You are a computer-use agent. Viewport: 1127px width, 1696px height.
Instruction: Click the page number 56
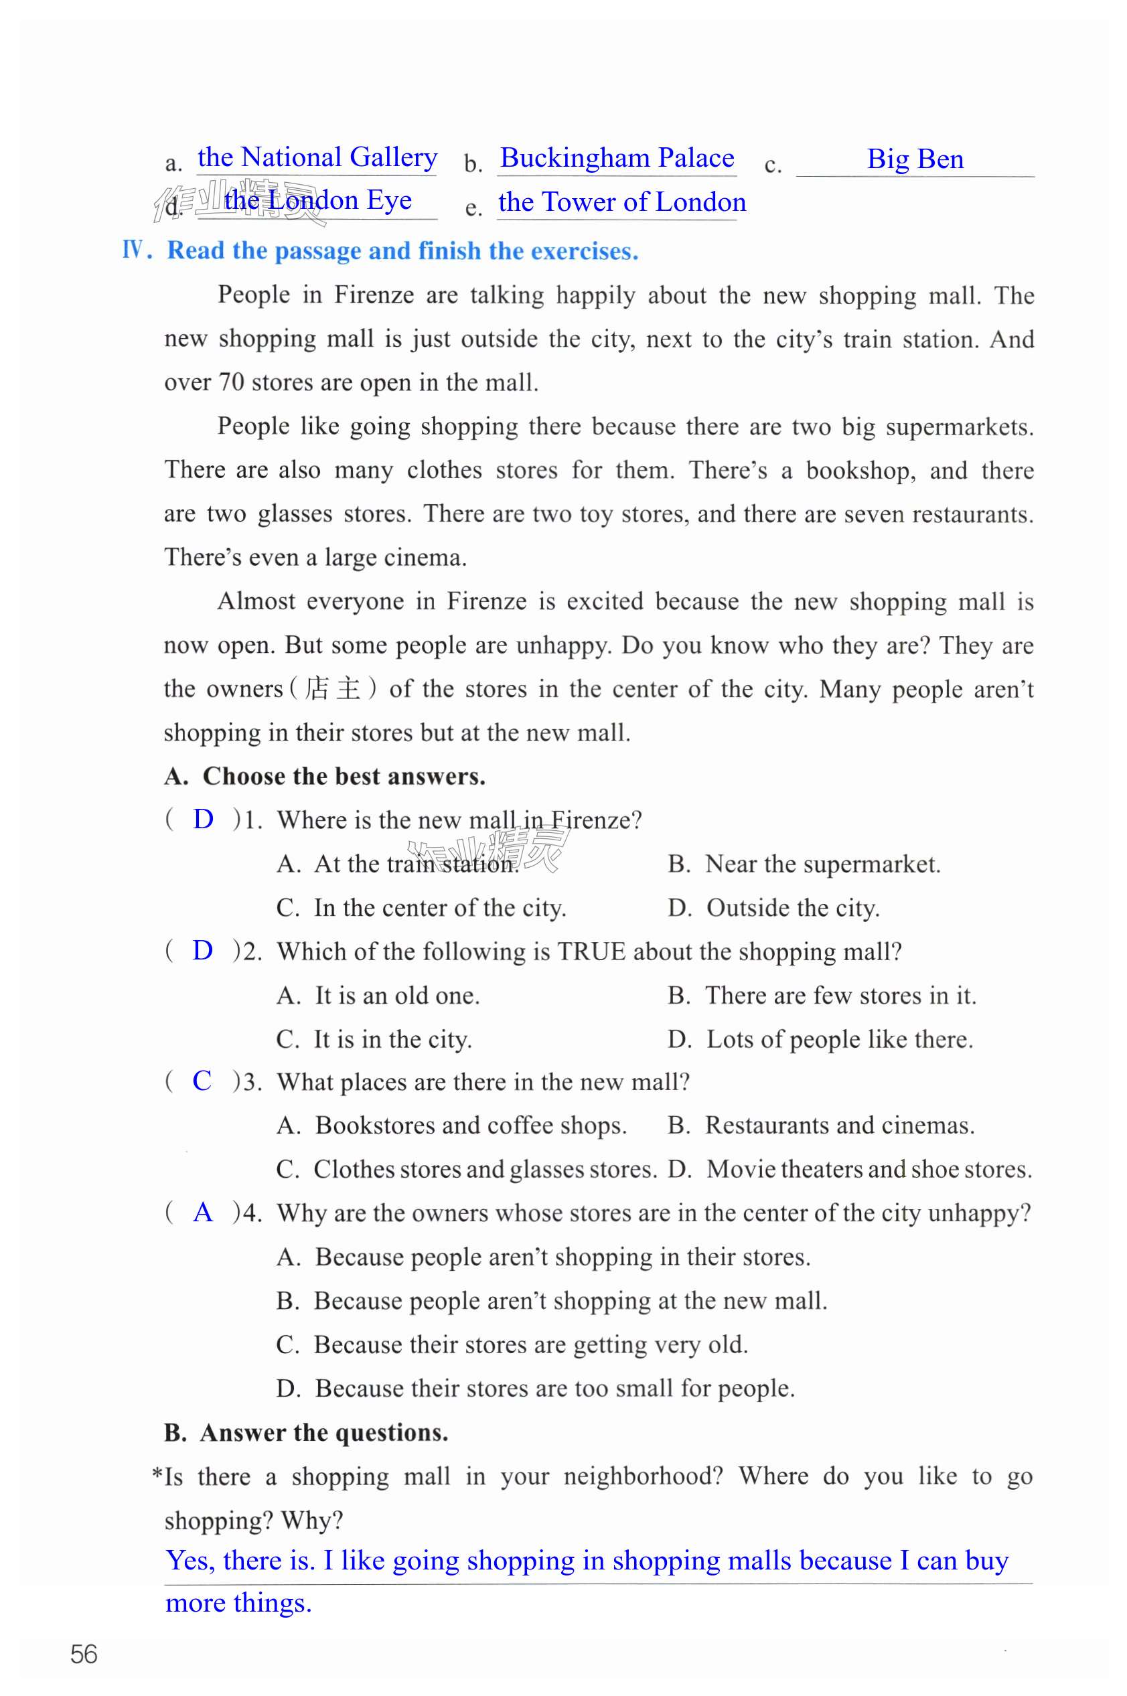[x=84, y=1654]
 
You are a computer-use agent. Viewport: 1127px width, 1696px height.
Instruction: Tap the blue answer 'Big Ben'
[x=915, y=159]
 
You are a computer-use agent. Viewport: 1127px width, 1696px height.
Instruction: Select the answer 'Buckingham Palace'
[x=617, y=157]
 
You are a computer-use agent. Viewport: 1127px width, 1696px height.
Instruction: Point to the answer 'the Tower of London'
[x=621, y=202]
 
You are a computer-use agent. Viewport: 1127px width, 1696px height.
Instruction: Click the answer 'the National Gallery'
[x=317, y=157]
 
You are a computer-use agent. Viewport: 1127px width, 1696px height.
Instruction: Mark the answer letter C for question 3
[x=202, y=1080]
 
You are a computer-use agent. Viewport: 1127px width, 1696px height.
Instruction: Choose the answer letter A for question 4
[x=204, y=1212]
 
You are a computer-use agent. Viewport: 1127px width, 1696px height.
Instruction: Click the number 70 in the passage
[x=232, y=382]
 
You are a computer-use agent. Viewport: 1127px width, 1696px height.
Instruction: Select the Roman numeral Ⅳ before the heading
[x=134, y=250]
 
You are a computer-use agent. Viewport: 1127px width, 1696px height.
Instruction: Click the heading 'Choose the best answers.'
[x=344, y=776]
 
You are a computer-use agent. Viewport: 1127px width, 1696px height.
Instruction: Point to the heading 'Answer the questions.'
[x=324, y=1432]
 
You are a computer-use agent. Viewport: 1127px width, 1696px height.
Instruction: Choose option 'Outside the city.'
[x=793, y=908]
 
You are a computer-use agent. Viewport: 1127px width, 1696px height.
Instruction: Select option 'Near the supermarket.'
[x=822, y=864]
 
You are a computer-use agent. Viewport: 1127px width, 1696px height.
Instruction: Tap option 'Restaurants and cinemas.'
[x=840, y=1125]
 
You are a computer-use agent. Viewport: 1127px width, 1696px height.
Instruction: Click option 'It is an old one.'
[x=396, y=996]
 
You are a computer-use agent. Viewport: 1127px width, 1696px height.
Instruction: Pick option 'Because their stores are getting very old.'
[x=530, y=1344]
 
